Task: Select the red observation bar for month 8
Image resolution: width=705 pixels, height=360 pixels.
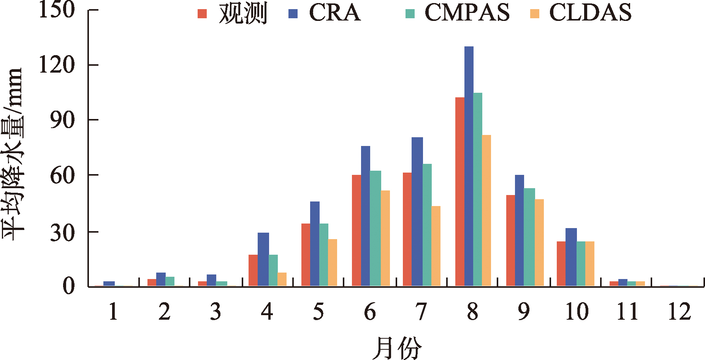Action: [459, 192]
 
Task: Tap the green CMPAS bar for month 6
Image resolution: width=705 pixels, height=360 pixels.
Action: [375, 228]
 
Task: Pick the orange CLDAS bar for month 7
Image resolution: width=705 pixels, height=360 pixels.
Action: [436, 246]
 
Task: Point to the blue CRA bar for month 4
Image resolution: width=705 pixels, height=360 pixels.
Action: [263, 259]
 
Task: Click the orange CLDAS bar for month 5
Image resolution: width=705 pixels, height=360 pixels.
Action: [333, 262]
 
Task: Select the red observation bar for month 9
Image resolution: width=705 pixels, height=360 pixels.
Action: [510, 240]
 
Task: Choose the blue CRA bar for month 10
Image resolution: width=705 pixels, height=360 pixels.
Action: [571, 257]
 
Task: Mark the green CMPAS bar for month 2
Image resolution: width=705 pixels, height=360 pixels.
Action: [170, 281]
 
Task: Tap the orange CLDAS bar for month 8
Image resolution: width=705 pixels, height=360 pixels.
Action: [486, 210]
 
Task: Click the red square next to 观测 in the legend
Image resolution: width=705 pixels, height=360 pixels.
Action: [202, 14]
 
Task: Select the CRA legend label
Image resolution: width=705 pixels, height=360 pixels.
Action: [335, 13]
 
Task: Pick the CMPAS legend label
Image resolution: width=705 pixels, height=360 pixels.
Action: [467, 13]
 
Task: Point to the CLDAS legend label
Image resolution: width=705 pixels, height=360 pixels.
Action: [590, 13]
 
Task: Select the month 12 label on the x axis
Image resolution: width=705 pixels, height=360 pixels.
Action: [679, 312]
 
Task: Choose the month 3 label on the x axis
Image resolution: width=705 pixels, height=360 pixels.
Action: [215, 312]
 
